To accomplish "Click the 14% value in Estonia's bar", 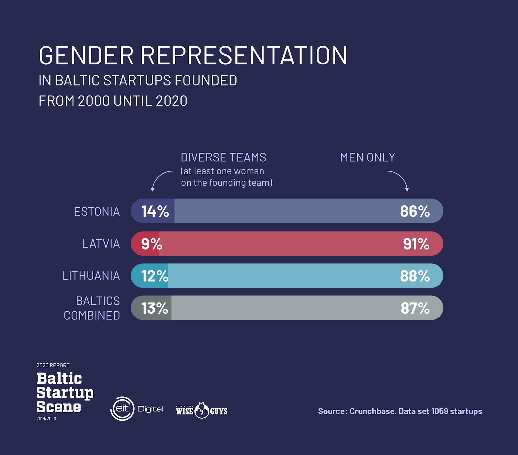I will pos(155,211).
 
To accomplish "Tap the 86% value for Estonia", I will pos(415,211).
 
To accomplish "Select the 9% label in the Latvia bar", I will pos(152,244).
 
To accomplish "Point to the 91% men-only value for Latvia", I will pos(416,244).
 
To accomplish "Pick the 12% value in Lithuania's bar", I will pos(155,276).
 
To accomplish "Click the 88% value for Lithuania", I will pos(415,276).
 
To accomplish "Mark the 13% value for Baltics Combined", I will pos(155,308).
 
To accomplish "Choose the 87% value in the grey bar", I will pos(415,308).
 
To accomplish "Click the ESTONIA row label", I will pos(97,211).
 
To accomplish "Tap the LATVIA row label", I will pos(101,244).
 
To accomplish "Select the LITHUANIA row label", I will pos(91,276).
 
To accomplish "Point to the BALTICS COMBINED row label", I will pos(92,308).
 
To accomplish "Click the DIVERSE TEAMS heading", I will pos(223,157).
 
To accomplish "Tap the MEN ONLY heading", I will pos(367,157).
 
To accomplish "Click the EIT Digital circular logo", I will pos(122,409).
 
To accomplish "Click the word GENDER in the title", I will pos(86,55).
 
